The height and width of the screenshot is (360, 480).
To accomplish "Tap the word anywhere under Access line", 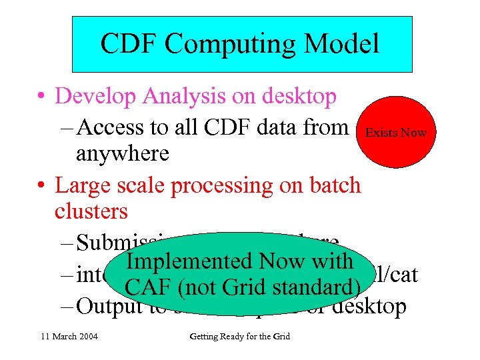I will coord(123,153).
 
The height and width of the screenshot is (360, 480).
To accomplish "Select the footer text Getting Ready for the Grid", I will coord(239,337).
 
